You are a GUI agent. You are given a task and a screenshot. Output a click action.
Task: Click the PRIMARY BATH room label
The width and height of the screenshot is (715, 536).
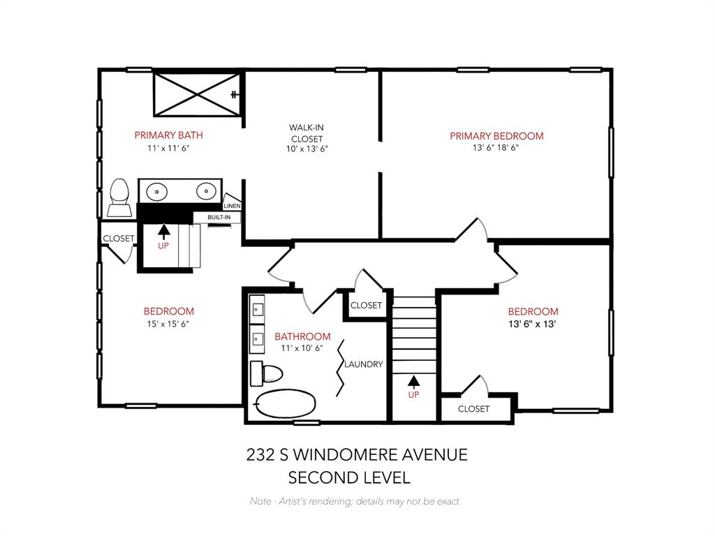coord(168,135)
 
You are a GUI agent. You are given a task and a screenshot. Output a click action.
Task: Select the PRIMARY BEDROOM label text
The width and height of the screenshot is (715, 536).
coord(496,136)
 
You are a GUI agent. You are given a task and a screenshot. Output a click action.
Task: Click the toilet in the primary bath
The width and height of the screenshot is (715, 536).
coord(119,198)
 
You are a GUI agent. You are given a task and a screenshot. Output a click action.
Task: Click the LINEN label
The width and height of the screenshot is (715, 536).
coord(232,206)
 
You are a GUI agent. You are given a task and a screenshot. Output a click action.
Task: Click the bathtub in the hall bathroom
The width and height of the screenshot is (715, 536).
coord(286,403)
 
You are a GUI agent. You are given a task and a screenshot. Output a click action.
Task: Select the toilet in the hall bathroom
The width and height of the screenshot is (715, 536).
coord(269,373)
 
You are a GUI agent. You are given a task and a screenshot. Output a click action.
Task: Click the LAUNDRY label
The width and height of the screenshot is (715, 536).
coord(364,364)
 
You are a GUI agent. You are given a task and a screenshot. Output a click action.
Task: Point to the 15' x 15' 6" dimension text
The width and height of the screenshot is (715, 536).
coord(168,324)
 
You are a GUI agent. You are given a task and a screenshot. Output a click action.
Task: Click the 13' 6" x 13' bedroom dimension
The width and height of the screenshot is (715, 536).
coord(533,324)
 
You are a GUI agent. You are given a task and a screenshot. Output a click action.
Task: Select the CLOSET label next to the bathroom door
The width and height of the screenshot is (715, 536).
coord(366,306)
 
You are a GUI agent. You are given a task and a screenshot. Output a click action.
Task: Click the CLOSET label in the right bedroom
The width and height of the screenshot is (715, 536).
coord(473,409)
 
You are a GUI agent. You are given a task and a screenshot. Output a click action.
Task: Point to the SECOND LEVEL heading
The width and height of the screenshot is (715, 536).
coord(349,478)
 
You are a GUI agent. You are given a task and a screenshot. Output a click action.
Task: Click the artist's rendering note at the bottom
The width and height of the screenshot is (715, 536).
coord(355,501)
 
